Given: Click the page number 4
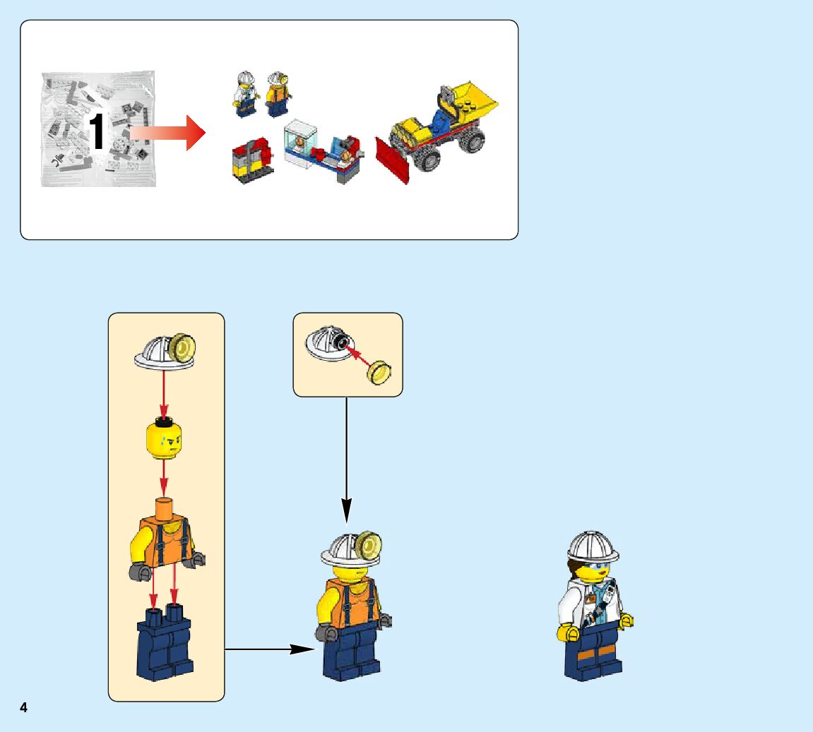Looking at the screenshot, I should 23,707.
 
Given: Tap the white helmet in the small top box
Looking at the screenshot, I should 328,344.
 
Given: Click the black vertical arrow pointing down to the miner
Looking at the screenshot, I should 346,459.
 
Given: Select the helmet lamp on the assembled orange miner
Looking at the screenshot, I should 369,544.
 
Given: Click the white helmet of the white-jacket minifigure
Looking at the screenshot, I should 593,546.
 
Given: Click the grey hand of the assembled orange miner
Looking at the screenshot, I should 326,632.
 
